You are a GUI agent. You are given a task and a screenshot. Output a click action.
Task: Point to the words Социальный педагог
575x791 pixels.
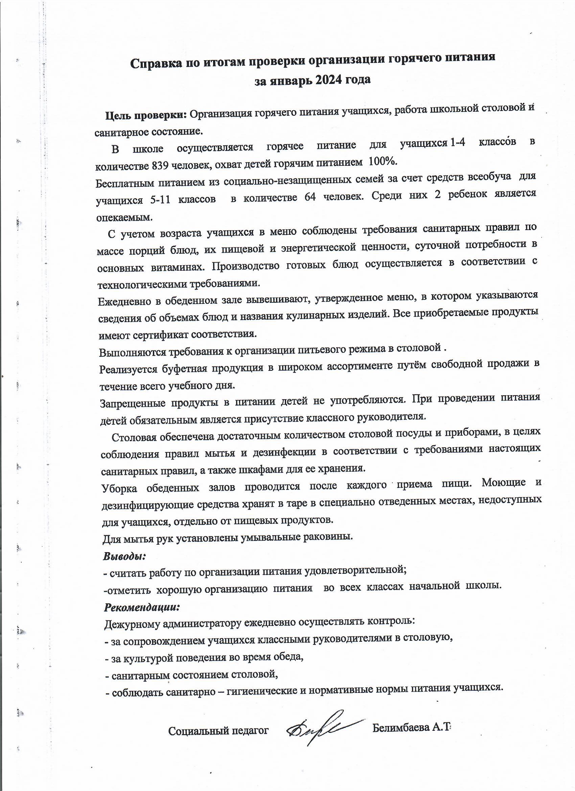click(x=218, y=728)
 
